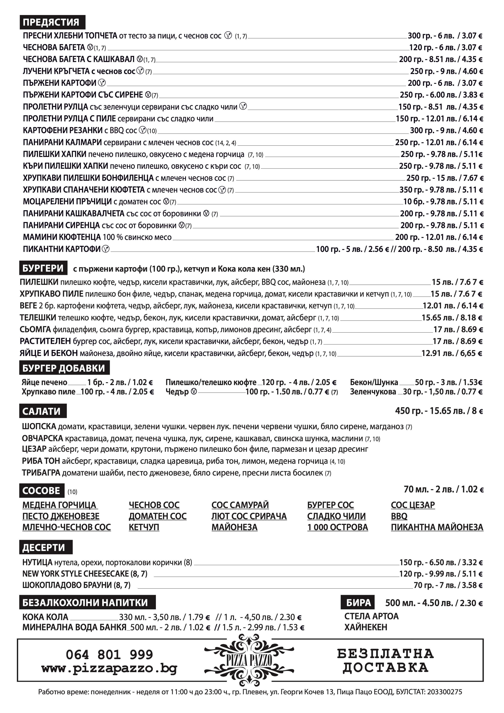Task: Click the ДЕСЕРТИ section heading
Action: tap(44, 547)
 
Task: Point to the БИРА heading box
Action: tap(358, 603)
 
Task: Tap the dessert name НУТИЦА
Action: tap(37, 562)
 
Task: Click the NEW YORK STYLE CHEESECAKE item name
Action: tap(75, 574)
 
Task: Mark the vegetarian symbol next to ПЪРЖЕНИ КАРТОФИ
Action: tap(102, 83)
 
